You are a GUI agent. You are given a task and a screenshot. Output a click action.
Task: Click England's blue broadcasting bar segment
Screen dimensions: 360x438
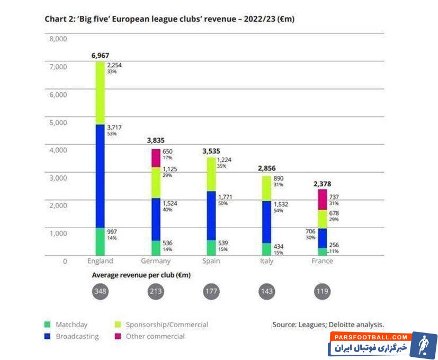click(x=100, y=176)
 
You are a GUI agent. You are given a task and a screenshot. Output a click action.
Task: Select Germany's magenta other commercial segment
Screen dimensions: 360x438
click(x=156, y=158)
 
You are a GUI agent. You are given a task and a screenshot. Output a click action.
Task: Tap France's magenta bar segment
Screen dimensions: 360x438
click(x=322, y=200)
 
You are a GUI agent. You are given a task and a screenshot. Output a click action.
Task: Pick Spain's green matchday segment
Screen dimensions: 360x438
click(x=211, y=248)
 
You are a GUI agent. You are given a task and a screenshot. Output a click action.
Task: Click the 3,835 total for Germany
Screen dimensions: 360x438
click(x=156, y=141)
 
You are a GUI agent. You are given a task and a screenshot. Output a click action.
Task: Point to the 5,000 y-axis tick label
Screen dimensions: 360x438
click(x=57, y=122)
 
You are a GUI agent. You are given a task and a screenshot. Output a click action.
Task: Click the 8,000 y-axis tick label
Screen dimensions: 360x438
click(x=57, y=39)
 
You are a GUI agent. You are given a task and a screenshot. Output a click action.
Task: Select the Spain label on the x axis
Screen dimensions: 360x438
click(x=211, y=261)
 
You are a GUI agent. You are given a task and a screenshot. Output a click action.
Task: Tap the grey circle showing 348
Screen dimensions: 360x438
click(x=100, y=292)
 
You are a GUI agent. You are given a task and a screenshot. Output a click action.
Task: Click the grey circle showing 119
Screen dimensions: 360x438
click(x=322, y=292)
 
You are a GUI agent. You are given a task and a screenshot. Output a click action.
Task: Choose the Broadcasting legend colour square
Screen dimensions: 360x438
click(x=48, y=336)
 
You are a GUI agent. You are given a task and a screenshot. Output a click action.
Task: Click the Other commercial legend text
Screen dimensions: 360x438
click(x=155, y=336)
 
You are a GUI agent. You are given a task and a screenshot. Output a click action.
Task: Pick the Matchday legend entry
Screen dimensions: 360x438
click(x=66, y=325)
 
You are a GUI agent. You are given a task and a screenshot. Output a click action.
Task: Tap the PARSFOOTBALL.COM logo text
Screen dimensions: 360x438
click(x=370, y=337)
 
